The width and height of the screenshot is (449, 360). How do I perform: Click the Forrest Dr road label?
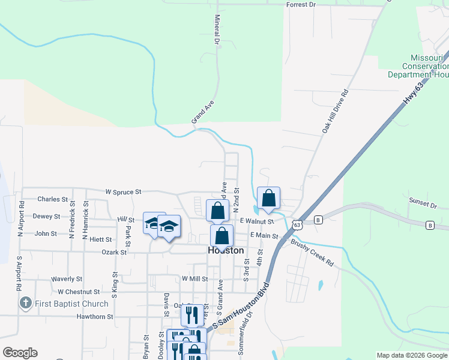[301, 5]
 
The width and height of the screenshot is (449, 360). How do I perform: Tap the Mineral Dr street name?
[217, 32]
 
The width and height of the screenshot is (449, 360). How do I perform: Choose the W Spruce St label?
[123, 192]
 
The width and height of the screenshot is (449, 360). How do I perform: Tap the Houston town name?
[226, 251]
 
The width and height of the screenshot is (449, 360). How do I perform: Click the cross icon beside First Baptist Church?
[25, 304]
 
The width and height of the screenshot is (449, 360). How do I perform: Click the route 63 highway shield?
[298, 224]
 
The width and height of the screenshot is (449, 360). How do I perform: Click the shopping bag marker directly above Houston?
[221, 236]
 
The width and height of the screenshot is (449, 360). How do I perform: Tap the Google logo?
[20, 353]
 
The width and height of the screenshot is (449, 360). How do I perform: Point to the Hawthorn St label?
[95, 316]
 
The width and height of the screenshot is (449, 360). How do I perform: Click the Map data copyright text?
[411, 355]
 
